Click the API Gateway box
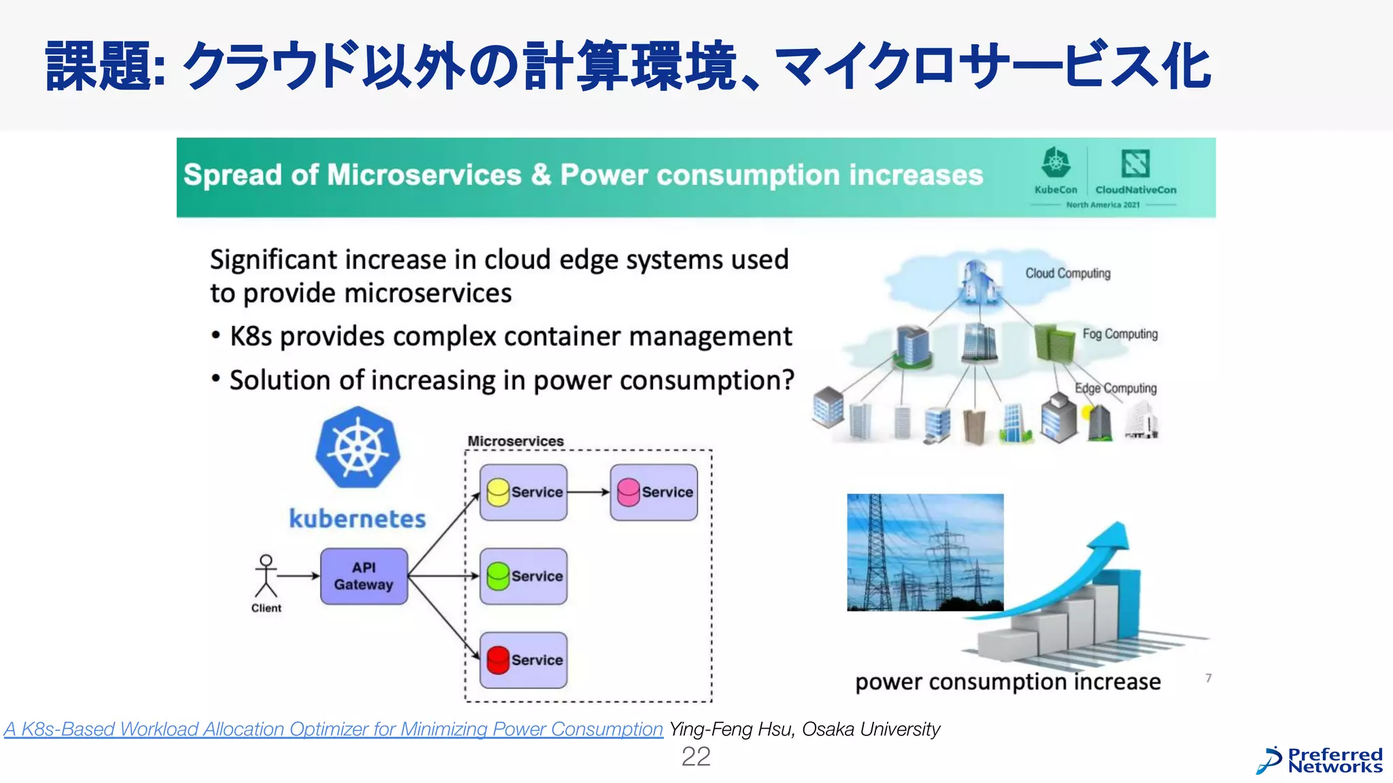click(x=364, y=576)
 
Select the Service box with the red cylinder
click(x=523, y=660)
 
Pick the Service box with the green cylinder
click(x=523, y=576)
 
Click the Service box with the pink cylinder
click(x=654, y=492)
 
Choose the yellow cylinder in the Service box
click(x=498, y=492)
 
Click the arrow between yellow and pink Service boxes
click(x=588, y=492)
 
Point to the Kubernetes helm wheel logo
click(x=358, y=448)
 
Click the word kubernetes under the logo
click(x=357, y=519)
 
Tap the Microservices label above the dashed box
click(x=516, y=441)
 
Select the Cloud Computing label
click(x=1068, y=273)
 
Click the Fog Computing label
click(x=1120, y=334)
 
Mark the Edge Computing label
click(x=1115, y=388)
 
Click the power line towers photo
click(x=925, y=552)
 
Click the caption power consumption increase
click(x=1007, y=682)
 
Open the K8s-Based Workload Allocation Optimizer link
click(x=333, y=729)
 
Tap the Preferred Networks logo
click(x=1319, y=761)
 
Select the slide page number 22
click(x=696, y=756)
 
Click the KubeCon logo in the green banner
click(x=1056, y=170)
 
